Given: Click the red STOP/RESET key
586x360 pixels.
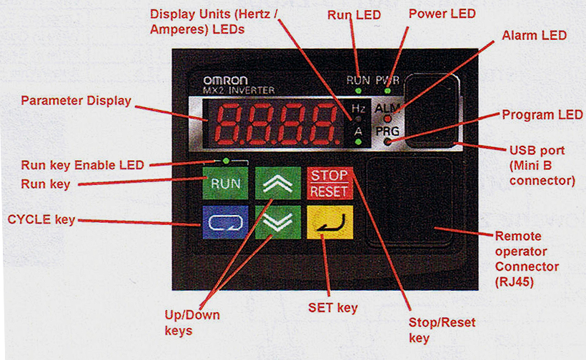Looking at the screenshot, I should [328, 184].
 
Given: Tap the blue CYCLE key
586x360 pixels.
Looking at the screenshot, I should [225, 222].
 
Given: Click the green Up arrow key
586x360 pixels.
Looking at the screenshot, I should [277, 184].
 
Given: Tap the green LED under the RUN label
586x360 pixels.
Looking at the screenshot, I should [357, 91].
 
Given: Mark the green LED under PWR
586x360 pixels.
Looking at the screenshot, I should [387, 91].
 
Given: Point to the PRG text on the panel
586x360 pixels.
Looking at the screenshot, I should [388, 131].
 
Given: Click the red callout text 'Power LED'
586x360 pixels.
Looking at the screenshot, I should [442, 14].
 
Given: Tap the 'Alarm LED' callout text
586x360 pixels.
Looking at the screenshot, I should [534, 35].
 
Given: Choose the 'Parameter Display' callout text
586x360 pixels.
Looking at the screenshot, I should [76, 101].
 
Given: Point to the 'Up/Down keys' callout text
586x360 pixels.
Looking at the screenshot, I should [191, 322].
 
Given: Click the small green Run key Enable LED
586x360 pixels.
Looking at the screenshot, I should [226, 161].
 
